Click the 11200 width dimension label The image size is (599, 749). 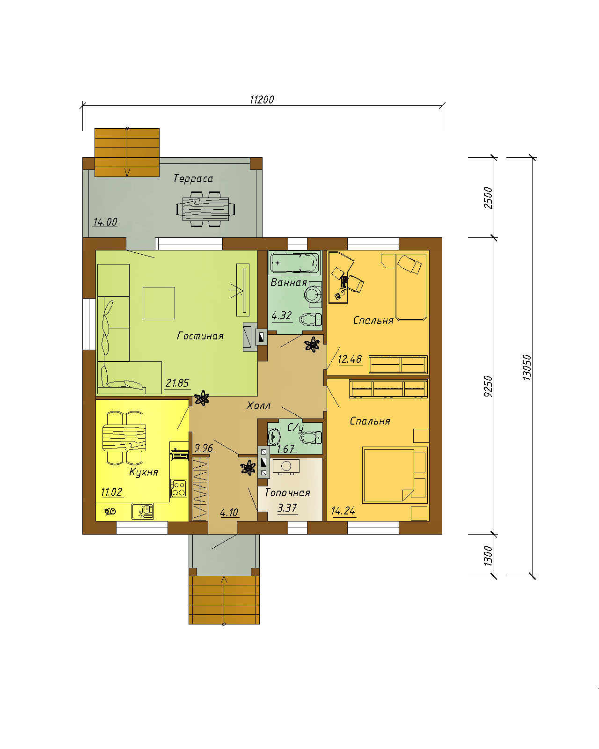point(262,100)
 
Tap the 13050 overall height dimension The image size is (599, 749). point(527,367)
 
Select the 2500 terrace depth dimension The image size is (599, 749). point(488,198)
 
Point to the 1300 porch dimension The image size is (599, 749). point(488,556)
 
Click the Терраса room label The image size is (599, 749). point(193,179)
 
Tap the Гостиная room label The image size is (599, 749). point(200,336)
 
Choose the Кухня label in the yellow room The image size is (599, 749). point(144,472)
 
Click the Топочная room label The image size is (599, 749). point(287,492)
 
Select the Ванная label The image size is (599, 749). point(289,282)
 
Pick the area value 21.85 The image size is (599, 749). point(177,383)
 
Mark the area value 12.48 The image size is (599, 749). point(350,359)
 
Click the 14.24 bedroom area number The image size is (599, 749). point(343,511)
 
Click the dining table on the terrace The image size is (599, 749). point(205,209)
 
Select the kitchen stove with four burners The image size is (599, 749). point(179,488)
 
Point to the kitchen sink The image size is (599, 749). point(142,511)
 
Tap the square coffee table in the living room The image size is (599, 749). point(159,303)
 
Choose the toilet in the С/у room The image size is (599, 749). point(311,438)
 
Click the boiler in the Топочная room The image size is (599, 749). point(286,467)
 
